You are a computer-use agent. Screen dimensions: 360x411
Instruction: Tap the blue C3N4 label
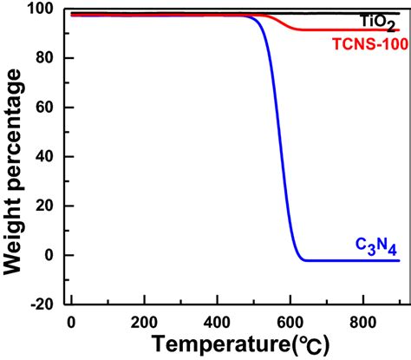click(377, 245)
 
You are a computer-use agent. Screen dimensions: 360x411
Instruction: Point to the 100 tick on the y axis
click(41, 10)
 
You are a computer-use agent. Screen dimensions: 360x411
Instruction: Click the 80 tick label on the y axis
click(44, 58)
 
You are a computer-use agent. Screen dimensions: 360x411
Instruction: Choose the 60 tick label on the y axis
click(44, 108)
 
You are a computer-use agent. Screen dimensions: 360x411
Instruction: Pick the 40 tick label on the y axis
click(44, 157)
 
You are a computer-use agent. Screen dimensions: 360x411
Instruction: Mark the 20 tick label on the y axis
click(44, 206)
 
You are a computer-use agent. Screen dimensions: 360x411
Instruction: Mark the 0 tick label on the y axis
click(49, 256)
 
